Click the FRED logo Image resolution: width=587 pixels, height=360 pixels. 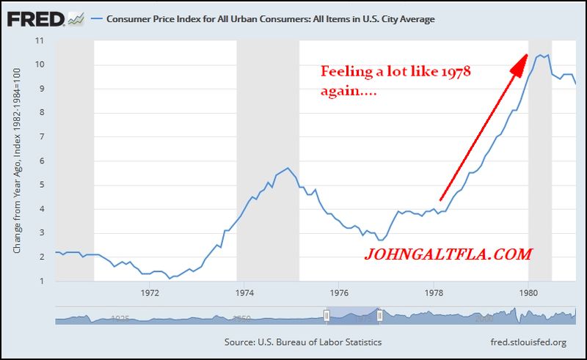coord(37,19)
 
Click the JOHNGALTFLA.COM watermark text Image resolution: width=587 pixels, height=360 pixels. coord(448,254)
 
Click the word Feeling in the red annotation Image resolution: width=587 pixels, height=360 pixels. coord(343,73)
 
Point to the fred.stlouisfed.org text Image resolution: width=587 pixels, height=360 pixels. coord(528,342)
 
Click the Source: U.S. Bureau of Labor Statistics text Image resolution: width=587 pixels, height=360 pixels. coord(303,342)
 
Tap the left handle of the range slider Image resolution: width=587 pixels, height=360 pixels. coord(327,316)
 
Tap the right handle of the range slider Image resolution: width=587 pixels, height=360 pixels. coord(379,316)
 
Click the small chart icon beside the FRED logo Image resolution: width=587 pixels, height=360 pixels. coord(77,19)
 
